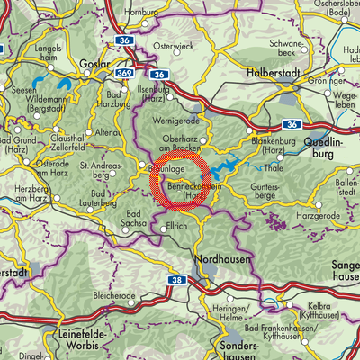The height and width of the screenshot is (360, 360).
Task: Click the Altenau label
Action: click(106, 132)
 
